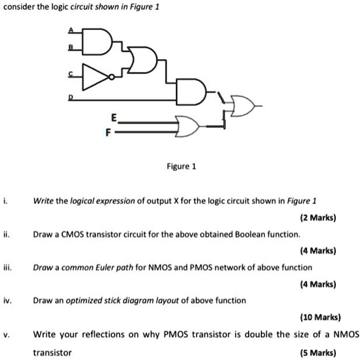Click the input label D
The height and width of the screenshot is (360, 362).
(72, 98)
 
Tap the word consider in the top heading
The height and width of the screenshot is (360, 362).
(18, 6)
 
